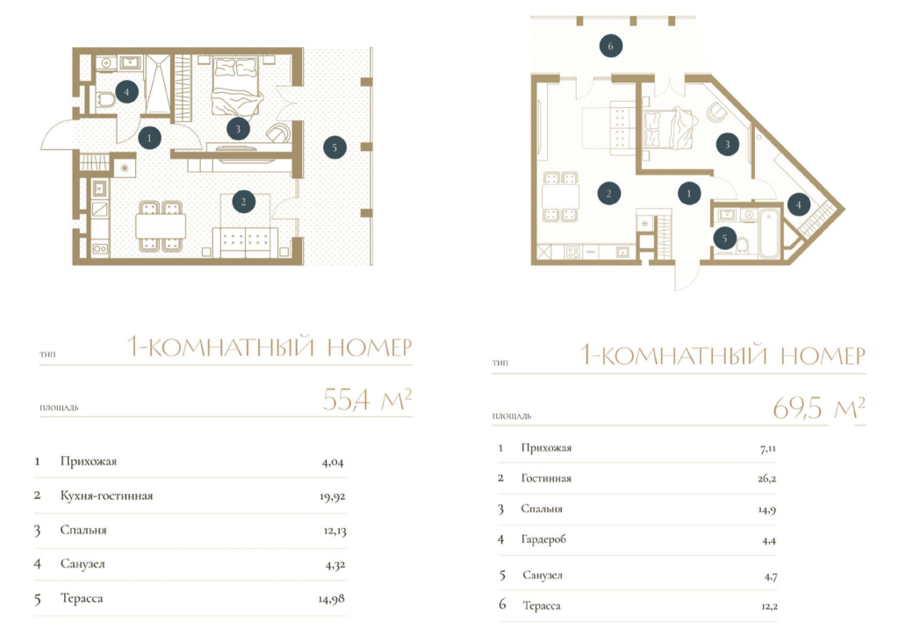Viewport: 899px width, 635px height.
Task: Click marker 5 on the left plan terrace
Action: point(334,147)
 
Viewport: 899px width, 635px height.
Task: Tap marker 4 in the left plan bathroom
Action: point(126,91)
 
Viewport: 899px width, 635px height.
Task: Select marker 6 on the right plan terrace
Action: point(611,46)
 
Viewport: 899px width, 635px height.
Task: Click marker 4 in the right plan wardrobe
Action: point(799,204)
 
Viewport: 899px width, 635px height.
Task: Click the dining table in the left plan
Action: point(161,225)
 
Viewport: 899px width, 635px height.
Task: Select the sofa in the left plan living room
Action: point(247,242)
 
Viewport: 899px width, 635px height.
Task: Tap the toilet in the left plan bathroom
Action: point(106,102)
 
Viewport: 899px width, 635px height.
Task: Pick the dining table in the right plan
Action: point(560,197)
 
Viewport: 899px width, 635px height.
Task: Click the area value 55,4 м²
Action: point(367,400)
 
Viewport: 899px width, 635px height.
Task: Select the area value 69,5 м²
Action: point(819,408)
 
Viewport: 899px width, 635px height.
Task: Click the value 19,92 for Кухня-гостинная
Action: point(333,496)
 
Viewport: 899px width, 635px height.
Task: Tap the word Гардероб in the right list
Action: point(543,539)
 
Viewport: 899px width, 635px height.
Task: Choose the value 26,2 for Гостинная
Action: point(766,479)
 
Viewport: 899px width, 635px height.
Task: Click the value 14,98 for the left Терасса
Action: point(331,599)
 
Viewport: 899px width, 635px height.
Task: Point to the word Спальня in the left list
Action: point(83,531)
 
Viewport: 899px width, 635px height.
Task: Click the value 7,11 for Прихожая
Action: point(767,449)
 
